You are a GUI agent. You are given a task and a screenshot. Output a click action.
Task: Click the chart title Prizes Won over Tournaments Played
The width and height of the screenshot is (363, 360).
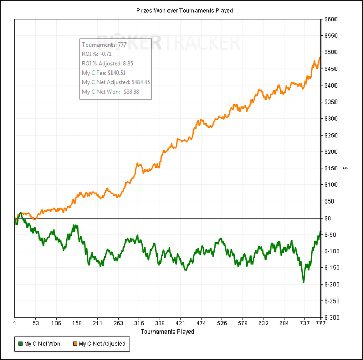click(181, 10)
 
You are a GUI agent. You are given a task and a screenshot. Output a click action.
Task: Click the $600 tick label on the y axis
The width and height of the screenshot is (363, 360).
click(332, 19)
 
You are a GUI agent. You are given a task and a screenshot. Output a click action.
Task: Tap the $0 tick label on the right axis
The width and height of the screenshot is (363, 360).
click(330, 218)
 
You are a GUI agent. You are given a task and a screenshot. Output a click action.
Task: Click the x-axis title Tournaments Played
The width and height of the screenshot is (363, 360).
click(167, 332)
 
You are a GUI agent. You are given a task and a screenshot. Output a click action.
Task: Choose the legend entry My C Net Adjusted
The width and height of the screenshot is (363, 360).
click(102, 343)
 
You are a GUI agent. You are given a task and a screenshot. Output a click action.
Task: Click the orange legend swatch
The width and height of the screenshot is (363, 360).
click(75, 343)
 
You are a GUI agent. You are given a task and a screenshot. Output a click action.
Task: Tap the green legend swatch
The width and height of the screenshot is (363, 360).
click(20, 343)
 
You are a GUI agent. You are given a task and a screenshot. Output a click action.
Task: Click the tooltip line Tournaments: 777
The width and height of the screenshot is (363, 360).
click(104, 45)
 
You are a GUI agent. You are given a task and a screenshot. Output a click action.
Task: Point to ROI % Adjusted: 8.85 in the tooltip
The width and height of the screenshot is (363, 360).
click(108, 63)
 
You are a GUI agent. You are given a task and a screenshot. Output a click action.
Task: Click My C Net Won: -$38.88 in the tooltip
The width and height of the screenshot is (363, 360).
click(110, 92)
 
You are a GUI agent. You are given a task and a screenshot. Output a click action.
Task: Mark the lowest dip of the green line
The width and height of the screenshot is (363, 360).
click(303, 282)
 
